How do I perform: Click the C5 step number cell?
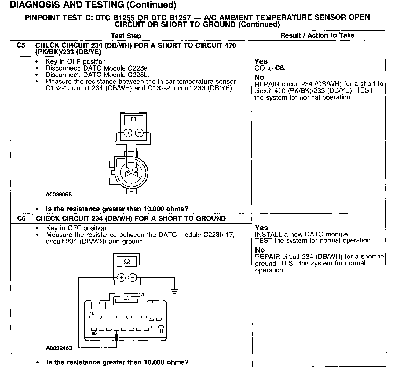[21, 45]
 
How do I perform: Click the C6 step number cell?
[21, 218]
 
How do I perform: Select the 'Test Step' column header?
[126, 36]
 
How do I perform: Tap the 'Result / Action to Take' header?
[317, 35]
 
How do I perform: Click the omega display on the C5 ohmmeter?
[133, 120]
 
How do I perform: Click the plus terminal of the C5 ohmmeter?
[128, 133]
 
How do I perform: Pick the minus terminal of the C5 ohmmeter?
[139, 133]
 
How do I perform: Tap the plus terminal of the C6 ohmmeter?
[121, 278]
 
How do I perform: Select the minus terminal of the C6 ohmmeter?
[132, 278]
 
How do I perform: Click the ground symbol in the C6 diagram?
[175, 291]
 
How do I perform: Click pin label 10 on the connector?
[92, 313]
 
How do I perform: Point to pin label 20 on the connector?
[94, 333]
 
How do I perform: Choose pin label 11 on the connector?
[161, 331]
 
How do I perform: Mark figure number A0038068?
[58, 194]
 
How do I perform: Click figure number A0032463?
[59, 348]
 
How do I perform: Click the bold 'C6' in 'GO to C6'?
[280, 68]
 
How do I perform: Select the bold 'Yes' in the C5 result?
[261, 61]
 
